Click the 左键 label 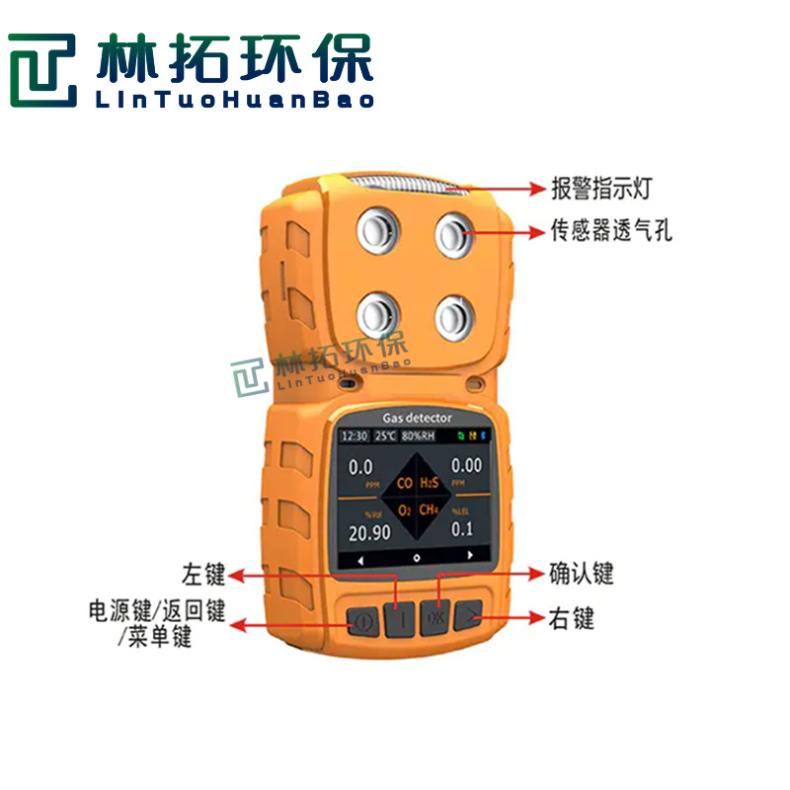click(204, 574)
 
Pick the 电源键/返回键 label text click(156, 611)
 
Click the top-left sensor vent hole click(375, 232)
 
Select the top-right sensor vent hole click(453, 232)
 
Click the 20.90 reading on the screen click(369, 531)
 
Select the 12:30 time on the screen click(355, 435)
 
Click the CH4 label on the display click(429, 510)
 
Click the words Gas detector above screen click(416, 419)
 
